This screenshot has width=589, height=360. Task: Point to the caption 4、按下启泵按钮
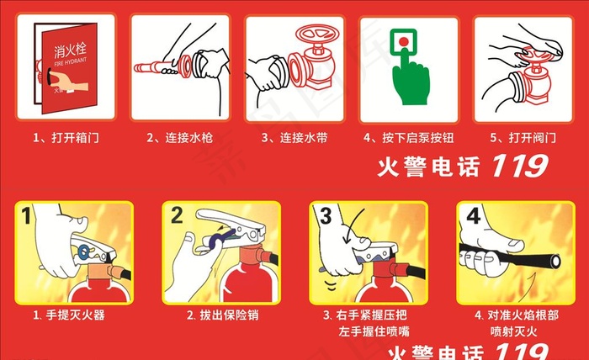point(403,137)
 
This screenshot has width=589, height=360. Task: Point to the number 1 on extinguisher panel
point(28,216)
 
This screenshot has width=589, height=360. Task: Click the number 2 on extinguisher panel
point(177,216)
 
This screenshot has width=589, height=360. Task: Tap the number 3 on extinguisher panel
point(323,216)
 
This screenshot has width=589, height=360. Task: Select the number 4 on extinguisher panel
point(473,216)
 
